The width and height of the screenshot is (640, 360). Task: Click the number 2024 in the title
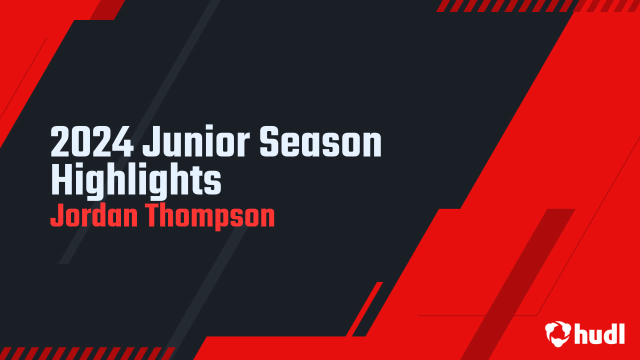[x=92, y=142]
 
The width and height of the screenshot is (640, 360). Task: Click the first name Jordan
[x=92, y=216]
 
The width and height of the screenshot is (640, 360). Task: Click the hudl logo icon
[x=557, y=333]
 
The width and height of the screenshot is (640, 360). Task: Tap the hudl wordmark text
[x=599, y=333]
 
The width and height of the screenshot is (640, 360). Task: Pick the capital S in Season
[x=270, y=142]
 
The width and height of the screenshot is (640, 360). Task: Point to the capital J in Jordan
[x=56, y=216]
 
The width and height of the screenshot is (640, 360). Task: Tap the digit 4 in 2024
[x=124, y=142]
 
